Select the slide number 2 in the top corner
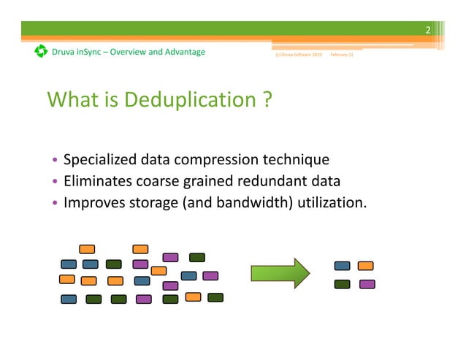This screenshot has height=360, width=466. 429,29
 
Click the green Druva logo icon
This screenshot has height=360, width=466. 41,52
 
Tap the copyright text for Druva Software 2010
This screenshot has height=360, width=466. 298,55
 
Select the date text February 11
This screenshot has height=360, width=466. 342,55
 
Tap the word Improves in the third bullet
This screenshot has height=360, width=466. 91,202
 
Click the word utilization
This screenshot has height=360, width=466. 332,202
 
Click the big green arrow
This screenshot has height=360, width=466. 280,273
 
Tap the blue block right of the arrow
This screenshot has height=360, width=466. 341,266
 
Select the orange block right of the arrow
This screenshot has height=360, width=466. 366,266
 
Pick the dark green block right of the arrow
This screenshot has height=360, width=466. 341,284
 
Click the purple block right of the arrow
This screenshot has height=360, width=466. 367,284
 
